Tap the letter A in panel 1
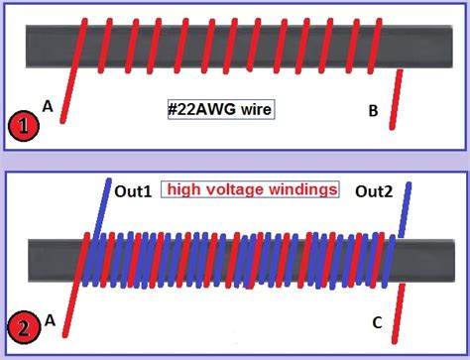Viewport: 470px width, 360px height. click(48, 104)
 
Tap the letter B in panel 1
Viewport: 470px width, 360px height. click(373, 111)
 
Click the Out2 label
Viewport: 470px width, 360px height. click(376, 192)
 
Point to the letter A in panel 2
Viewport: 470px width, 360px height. click(49, 319)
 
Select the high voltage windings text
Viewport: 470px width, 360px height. click(252, 188)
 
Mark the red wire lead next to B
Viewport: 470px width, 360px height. click(396, 99)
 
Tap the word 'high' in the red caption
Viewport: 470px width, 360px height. click(185, 188)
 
